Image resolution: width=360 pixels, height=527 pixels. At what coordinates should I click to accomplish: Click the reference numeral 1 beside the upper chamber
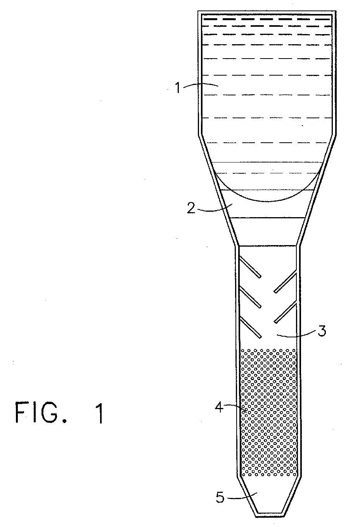click(177, 88)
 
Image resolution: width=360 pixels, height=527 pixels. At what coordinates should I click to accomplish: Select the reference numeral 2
click(190, 208)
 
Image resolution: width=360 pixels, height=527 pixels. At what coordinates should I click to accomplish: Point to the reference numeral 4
click(220, 408)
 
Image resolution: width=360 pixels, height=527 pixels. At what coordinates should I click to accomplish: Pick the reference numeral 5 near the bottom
click(220, 498)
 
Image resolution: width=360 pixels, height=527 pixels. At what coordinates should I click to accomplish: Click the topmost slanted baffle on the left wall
click(250, 267)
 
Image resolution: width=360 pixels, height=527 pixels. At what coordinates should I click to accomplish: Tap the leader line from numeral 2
click(213, 210)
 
